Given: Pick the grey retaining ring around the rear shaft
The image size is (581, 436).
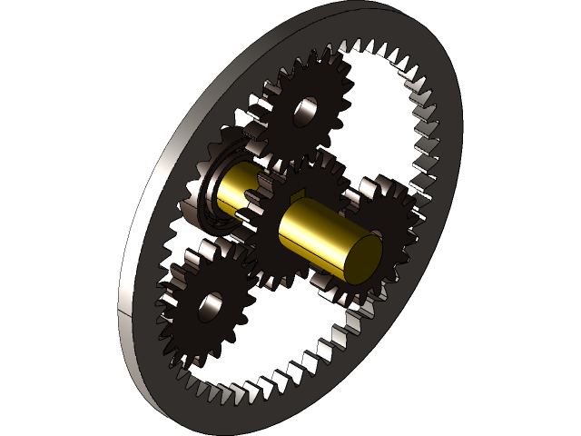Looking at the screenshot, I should (x=211, y=193).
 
